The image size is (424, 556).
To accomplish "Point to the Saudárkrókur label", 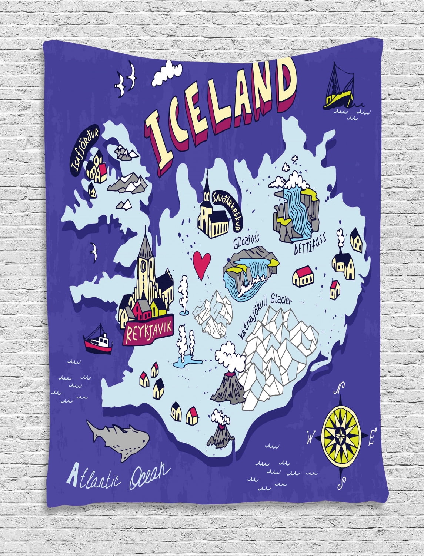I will coord(226,210).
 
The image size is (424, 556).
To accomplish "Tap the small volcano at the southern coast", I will coord(221,433).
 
